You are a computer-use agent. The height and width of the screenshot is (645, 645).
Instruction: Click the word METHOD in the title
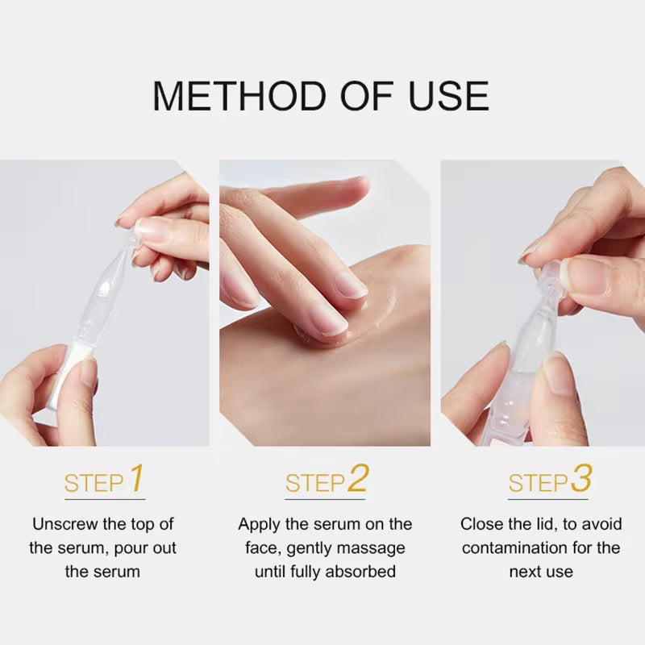point(239,96)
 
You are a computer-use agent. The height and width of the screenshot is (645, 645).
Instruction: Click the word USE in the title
point(449,96)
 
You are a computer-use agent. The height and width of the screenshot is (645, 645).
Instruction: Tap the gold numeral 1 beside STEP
point(137,478)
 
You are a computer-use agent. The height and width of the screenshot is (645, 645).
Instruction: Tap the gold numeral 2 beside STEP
point(358,478)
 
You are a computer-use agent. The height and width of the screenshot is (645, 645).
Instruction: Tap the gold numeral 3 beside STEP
point(581,478)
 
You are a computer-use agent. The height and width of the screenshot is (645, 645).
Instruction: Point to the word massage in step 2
point(375,549)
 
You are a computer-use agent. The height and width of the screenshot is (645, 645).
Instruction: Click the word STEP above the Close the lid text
point(538,483)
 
